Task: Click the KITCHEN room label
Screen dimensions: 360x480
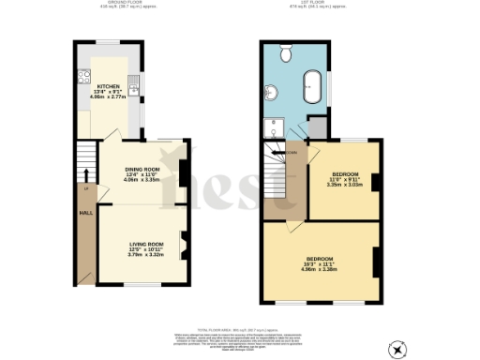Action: pyautogui.click(x=108, y=83)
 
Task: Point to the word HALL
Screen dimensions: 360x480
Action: pyautogui.click(x=84, y=213)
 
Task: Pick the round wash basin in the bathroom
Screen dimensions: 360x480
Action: pyautogui.click(x=273, y=92)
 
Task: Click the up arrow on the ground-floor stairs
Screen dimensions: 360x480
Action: pyautogui.click(x=86, y=172)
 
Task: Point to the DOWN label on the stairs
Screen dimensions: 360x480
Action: pyautogui.click(x=292, y=153)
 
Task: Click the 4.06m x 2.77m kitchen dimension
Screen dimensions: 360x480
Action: pyautogui.click(x=108, y=97)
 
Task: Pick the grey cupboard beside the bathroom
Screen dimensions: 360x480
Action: pyautogui.click(x=317, y=127)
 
